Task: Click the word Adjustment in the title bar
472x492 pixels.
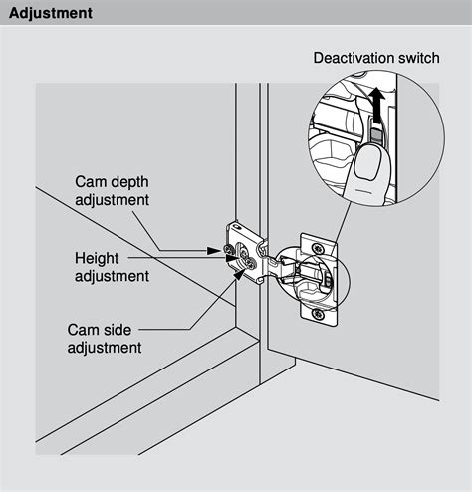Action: coord(51,13)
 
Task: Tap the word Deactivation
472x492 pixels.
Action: coord(354,58)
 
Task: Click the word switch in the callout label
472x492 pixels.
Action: coord(419,58)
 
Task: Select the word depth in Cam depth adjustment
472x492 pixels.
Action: coord(129,182)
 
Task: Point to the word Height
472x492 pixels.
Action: coord(97,258)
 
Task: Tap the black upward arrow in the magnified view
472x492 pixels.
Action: coord(376,106)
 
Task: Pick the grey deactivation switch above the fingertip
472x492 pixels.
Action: coord(376,135)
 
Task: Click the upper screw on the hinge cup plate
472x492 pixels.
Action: coord(318,248)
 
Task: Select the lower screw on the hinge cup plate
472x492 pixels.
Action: coord(319,313)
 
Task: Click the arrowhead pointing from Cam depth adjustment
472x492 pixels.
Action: coord(214,251)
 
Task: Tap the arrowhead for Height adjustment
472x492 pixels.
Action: coord(231,258)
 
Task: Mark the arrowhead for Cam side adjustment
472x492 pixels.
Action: coord(239,274)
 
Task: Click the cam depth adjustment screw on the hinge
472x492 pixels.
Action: coord(228,249)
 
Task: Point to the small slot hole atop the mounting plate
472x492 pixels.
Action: coord(236,227)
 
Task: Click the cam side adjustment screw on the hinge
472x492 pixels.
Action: coord(251,265)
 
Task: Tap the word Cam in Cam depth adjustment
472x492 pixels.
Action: coord(91,182)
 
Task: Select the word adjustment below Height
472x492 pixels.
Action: coord(112,276)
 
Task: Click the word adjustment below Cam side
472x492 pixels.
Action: coord(105,348)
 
